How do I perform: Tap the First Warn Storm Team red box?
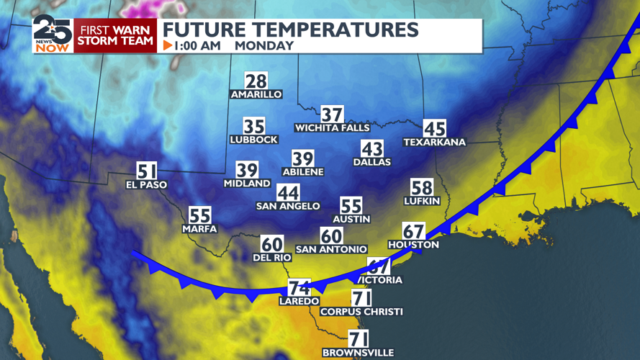[x=116, y=35]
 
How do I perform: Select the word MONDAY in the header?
[x=264, y=45]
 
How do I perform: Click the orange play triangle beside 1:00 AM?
[x=168, y=45]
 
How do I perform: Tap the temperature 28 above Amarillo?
[x=256, y=81]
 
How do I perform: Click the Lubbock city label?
[x=253, y=140]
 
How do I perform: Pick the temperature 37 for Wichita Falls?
[x=332, y=114]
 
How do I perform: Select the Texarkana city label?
[x=434, y=143]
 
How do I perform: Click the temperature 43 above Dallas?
[x=371, y=149]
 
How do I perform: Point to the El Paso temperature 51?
[x=146, y=171]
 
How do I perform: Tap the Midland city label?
[x=247, y=184]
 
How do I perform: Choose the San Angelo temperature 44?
[x=288, y=193]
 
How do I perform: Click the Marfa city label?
[x=199, y=229]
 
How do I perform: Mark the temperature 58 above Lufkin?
[x=421, y=187]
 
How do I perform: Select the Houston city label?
[x=413, y=245]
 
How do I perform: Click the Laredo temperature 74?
[x=299, y=287]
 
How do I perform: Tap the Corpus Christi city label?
[x=361, y=312]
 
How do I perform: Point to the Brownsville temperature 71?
[x=359, y=338]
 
